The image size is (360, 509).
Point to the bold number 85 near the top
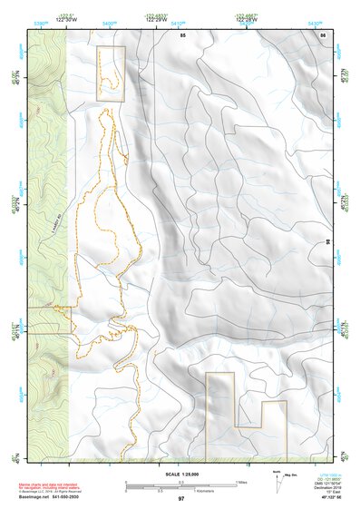[182, 34]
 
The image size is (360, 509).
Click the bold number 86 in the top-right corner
[323, 34]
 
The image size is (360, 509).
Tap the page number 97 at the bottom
[180, 499]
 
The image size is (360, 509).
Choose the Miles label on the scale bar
[242, 481]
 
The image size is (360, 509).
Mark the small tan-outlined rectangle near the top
[110, 73]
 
